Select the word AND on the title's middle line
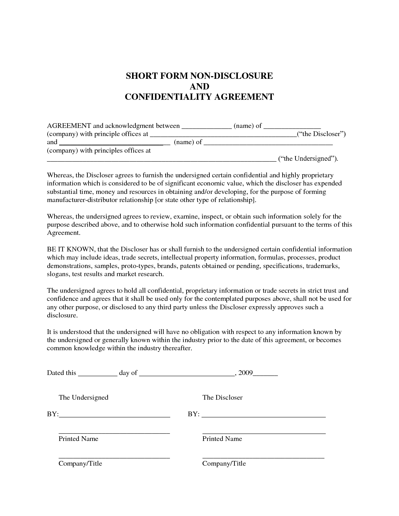(199, 86)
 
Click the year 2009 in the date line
(245, 373)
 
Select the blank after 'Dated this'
(97, 374)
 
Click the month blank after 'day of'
(187, 374)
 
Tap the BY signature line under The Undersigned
(114, 416)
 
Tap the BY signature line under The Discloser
(264, 416)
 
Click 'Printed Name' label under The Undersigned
(78, 439)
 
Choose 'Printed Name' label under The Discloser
(222, 439)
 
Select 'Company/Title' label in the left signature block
(80, 463)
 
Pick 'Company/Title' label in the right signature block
(224, 463)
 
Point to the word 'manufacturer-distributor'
(82, 200)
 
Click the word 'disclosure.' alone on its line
(62, 315)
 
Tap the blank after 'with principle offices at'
(223, 135)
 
